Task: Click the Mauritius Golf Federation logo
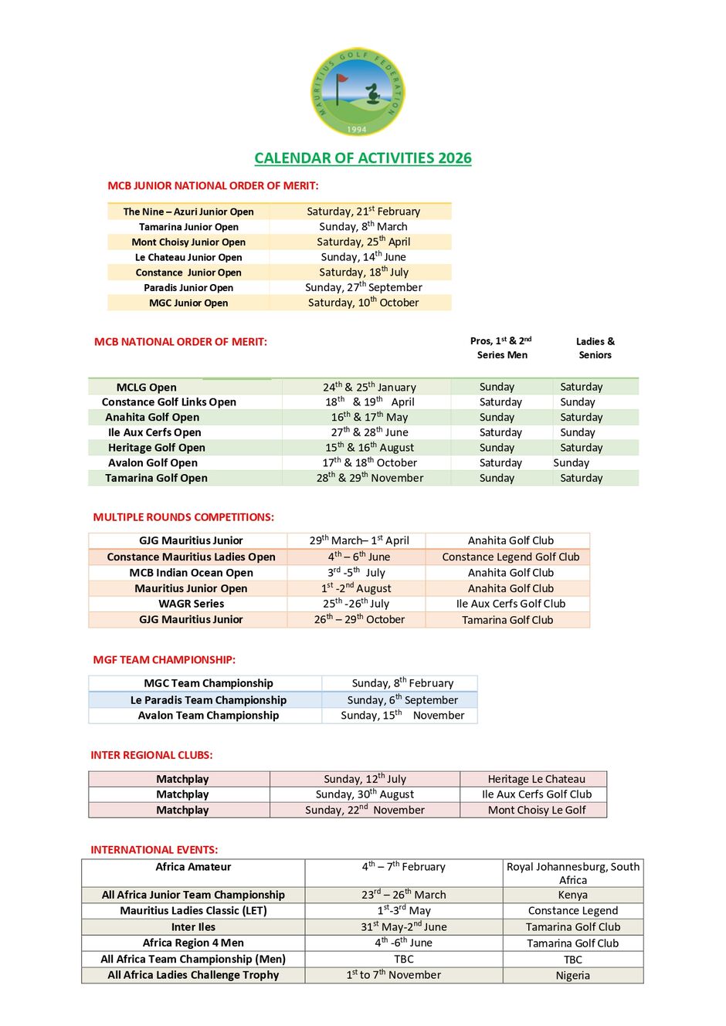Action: pyautogui.click(x=357, y=92)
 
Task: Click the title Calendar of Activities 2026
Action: pyautogui.click(x=363, y=158)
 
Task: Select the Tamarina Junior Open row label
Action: pyautogui.click(x=188, y=227)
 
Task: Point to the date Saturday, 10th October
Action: pyautogui.click(x=363, y=303)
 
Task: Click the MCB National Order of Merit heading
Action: pyautogui.click(x=181, y=342)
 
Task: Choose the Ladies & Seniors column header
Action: pyautogui.click(x=595, y=348)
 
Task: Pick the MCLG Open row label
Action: pyautogui.click(x=146, y=388)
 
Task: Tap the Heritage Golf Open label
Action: pyautogui.click(x=157, y=448)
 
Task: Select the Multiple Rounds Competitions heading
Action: pyautogui.click(x=184, y=517)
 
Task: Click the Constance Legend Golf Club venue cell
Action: pyautogui.click(x=511, y=557)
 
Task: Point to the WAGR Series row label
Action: pyautogui.click(x=192, y=604)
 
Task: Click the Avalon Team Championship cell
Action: pyautogui.click(x=209, y=716)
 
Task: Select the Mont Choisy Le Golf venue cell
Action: pyautogui.click(x=537, y=810)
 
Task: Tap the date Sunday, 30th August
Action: pyautogui.click(x=365, y=794)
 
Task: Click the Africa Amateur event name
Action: pyautogui.click(x=193, y=867)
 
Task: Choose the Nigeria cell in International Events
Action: pyautogui.click(x=572, y=976)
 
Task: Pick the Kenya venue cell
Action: pyautogui.click(x=572, y=895)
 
